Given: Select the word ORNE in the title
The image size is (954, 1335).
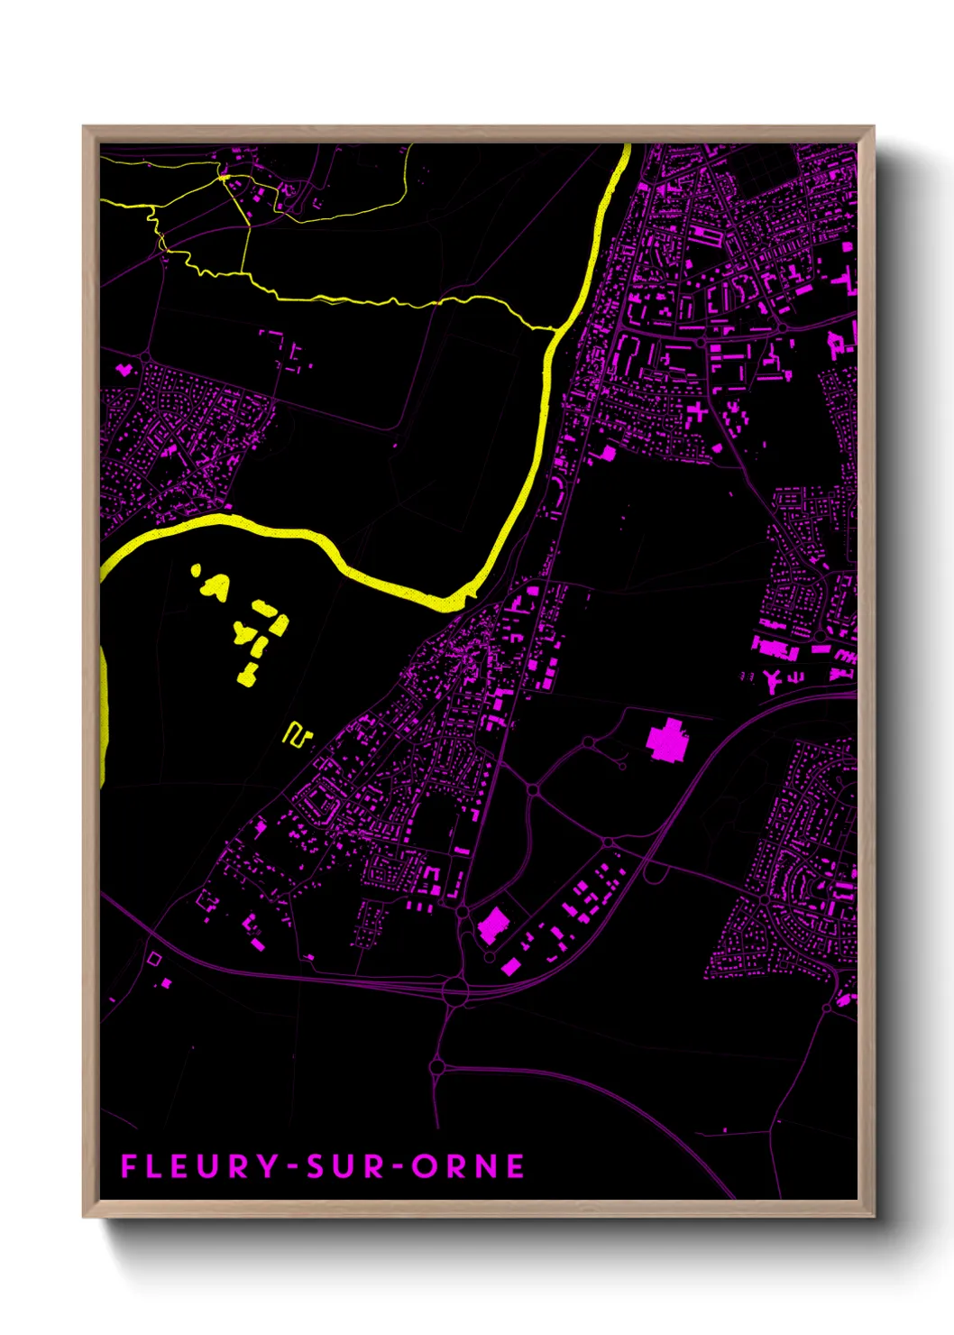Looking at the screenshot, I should click(468, 1166).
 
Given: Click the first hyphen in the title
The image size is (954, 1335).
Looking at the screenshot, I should click(292, 1167).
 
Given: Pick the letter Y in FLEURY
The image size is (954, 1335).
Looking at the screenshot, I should click(268, 1166).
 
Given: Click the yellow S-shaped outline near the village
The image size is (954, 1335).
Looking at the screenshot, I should click(297, 734).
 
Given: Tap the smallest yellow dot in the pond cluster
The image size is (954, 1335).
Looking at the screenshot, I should click(195, 569).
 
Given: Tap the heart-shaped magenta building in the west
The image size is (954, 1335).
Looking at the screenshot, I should click(124, 369).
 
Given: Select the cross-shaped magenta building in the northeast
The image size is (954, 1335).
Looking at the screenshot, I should click(696, 414).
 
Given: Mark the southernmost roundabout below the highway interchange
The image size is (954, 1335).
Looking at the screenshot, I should click(437, 1068).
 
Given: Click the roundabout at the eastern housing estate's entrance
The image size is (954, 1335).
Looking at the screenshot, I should click(765, 899).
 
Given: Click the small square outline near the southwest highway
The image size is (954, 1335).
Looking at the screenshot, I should click(154, 959).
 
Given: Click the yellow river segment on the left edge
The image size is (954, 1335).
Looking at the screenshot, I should click(104, 713).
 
